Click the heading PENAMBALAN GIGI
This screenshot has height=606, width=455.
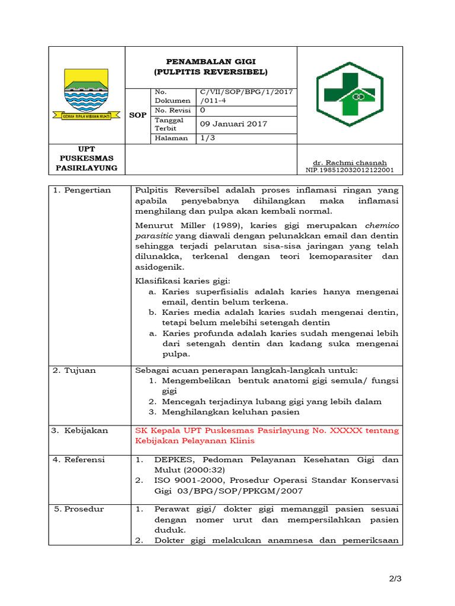[x=210, y=61]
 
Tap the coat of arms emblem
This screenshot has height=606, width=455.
[x=86, y=94]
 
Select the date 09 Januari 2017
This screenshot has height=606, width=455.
[x=233, y=124]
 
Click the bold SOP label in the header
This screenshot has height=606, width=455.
[x=137, y=115]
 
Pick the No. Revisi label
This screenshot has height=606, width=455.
[x=172, y=110]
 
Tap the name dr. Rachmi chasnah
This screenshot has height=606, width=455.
[x=350, y=162]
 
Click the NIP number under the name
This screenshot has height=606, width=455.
[x=350, y=170]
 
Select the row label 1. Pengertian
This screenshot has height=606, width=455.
[x=82, y=190]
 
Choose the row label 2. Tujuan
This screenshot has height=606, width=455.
[x=74, y=370]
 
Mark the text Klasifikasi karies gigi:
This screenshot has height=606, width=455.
[x=182, y=280]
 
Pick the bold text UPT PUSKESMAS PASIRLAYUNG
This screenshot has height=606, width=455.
[x=86, y=158]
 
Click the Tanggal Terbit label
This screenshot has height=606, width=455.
[x=169, y=124]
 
